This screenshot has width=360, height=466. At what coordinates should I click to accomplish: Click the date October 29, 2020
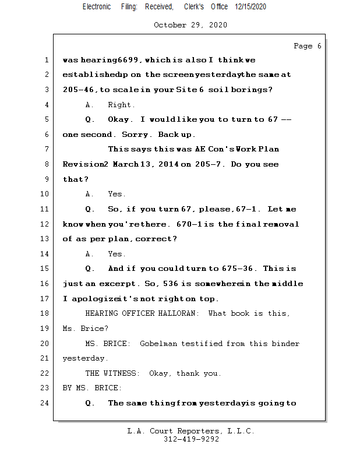coord(190,25)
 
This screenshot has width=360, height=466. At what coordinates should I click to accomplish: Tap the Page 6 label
coord(307,46)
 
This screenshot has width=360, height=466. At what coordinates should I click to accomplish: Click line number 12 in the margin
coord(46,224)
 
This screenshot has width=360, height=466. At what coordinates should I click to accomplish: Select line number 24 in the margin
coord(46,403)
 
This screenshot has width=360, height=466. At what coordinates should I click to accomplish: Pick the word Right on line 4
coord(121,105)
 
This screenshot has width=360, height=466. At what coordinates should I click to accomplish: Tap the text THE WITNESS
coord(112,373)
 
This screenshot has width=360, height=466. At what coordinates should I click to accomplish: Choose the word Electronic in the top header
coord(97,7)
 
